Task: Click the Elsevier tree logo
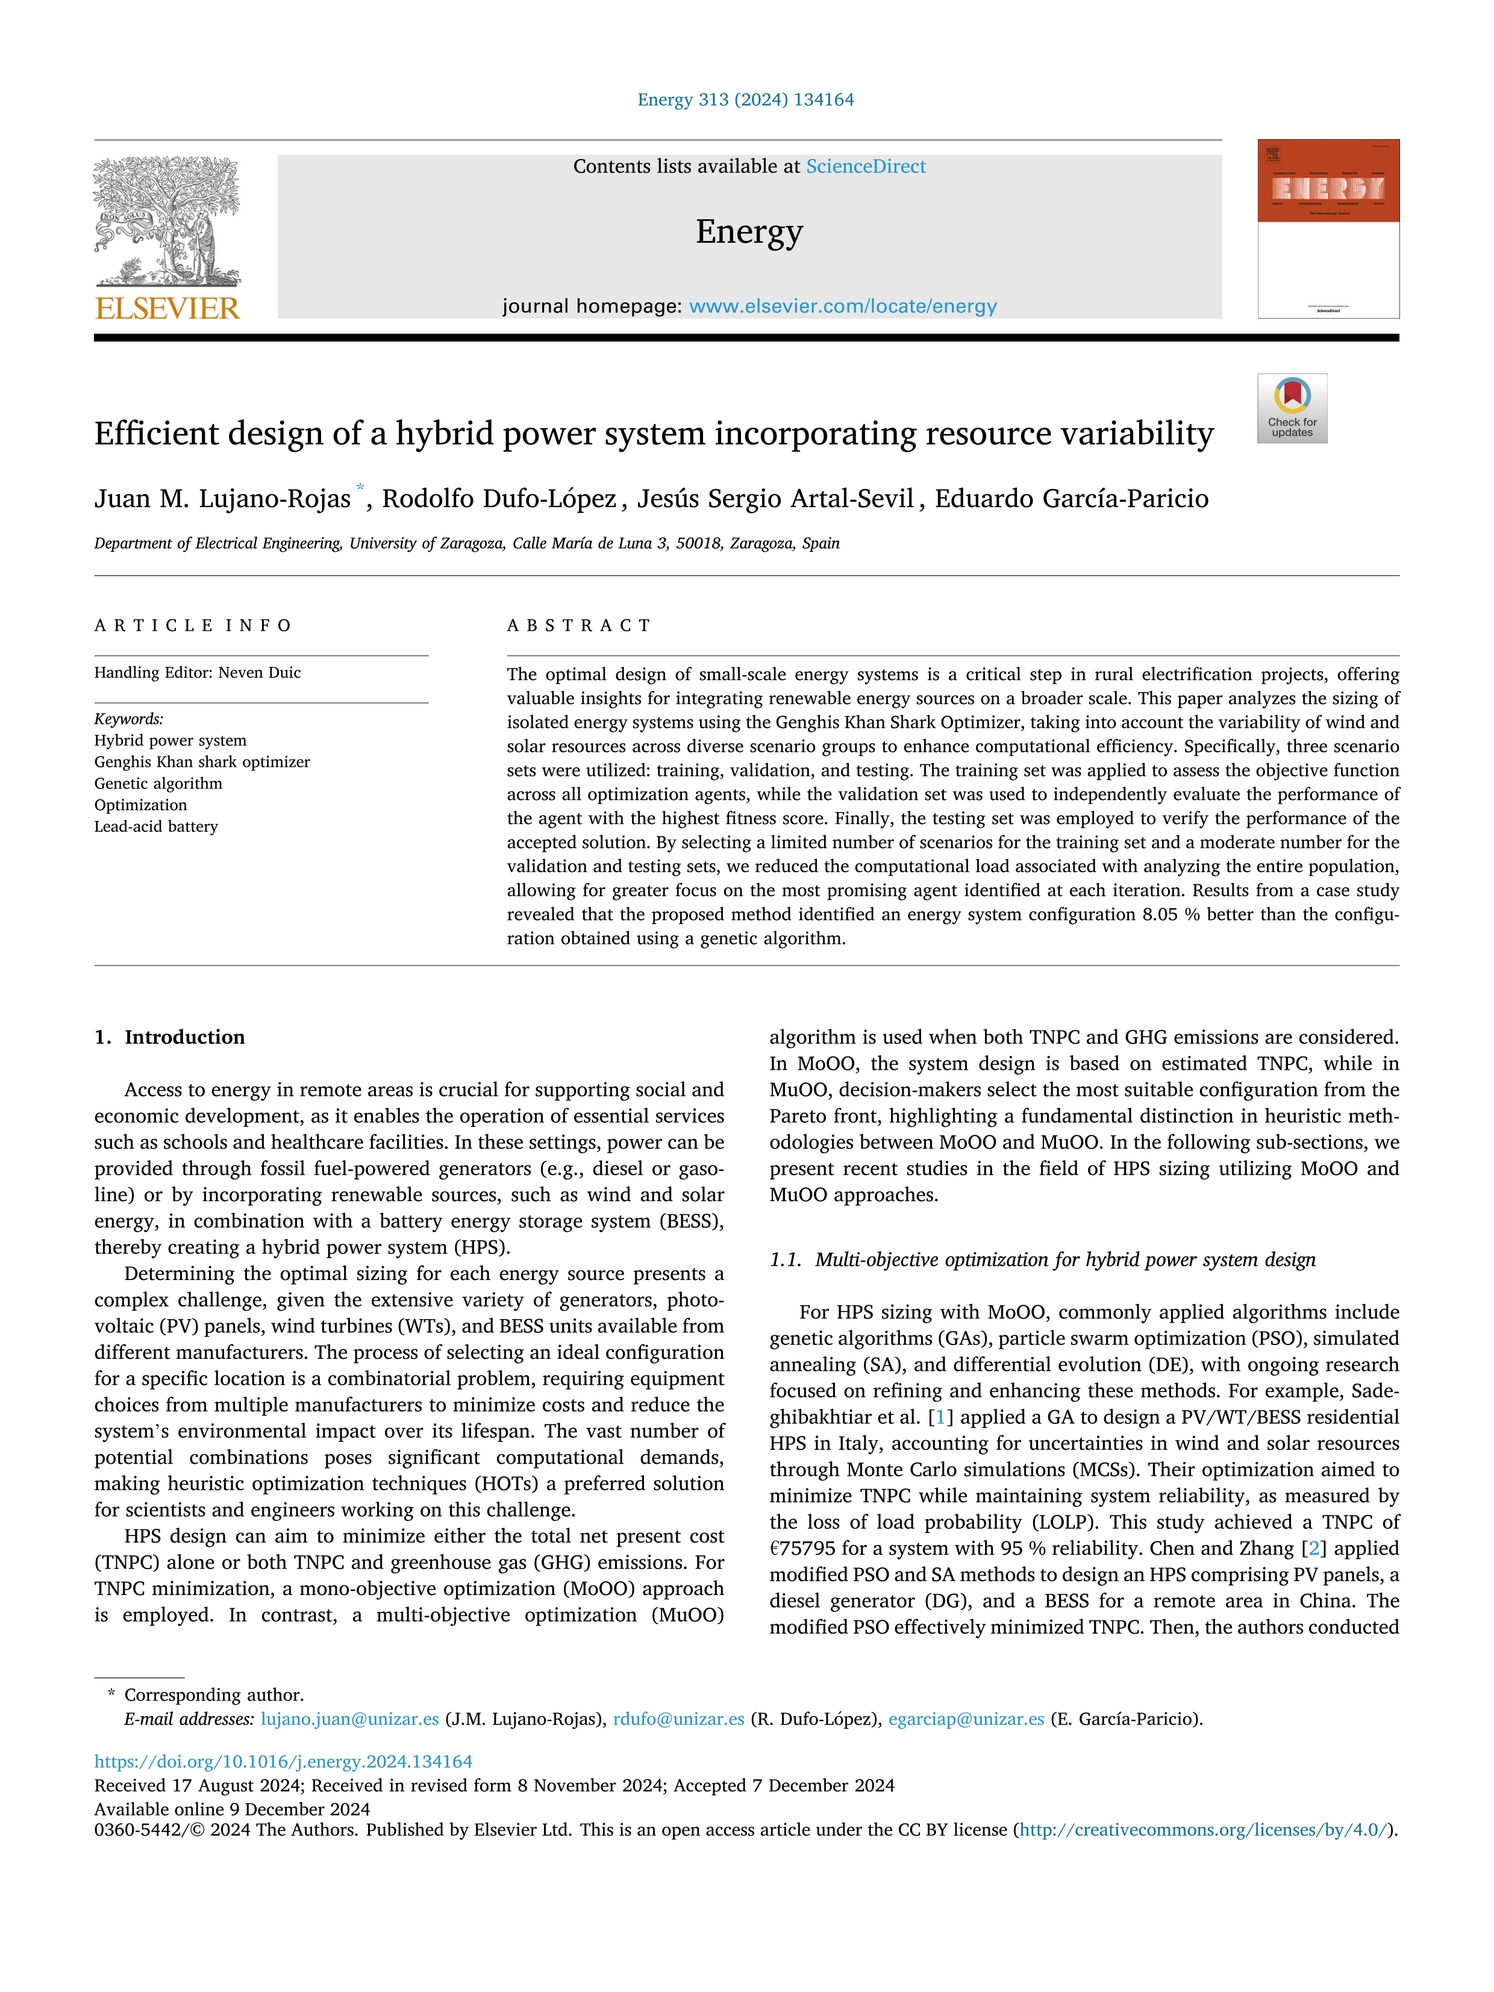tap(167, 220)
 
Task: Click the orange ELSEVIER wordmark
tap(167, 309)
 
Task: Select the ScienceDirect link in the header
tap(866, 167)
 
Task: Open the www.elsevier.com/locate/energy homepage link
tap(842, 306)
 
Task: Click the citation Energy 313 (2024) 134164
tap(746, 100)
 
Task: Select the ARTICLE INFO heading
tap(193, 625)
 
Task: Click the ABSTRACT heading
tap(579, 625)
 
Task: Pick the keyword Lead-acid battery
tap(157, 826)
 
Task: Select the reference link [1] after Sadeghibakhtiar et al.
tap(940, 1417)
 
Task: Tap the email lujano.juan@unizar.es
tap(349, 1719)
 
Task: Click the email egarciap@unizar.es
tap(966, 1719)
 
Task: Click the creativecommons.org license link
tap(1203, 1830)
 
